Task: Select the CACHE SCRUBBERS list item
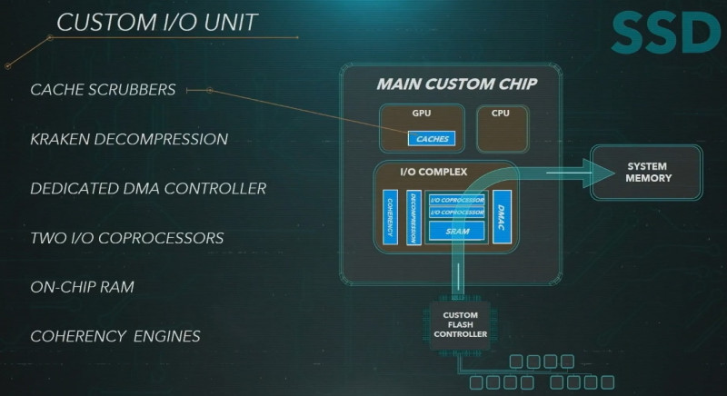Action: coord(103,90)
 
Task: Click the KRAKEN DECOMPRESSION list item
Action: coord(128,140)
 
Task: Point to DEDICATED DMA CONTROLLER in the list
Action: coord(148,189)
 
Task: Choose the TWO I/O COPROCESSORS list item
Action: coord(126,238)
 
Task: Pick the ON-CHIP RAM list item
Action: coord(82,287)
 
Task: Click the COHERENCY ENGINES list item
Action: coord(115,336)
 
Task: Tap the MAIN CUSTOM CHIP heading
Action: coord(455,84)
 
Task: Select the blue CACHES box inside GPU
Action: coord(432,139)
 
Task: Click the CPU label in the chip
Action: coord(500,114)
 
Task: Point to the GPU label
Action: coord(422,114)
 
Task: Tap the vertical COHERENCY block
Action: coord(390,218)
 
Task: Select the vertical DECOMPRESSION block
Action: coord(414,218)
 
